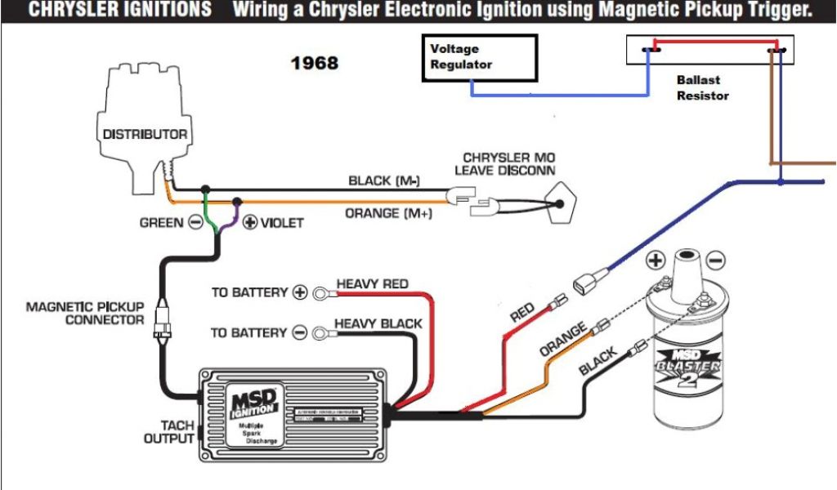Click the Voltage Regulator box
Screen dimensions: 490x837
(x=479, y=57)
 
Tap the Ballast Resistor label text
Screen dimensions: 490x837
(x=702, y=88)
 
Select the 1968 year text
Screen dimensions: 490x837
(x=315, y=63)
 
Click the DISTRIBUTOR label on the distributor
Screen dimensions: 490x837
(x=145, y=134)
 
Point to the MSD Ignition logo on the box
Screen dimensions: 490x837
(x=255, y=404)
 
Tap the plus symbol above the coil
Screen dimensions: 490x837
(x=656, y=261)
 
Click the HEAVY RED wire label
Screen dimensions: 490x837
(x=372, y=283)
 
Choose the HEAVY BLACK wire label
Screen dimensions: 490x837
(x=378, y=323)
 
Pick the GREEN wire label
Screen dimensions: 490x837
(x=161, y=222)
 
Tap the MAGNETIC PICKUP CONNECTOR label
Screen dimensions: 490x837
(x=85, y=314)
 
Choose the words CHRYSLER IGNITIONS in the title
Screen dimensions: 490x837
(x=119, y=11)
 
